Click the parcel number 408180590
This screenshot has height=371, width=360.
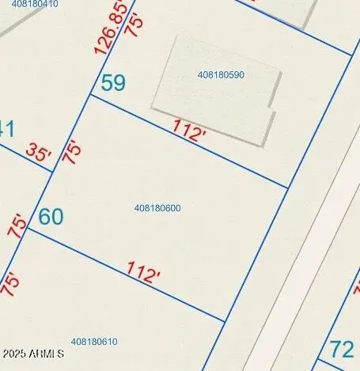point(221,74)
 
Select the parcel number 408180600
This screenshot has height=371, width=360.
point(157,208)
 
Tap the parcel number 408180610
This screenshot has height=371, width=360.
point(94,342)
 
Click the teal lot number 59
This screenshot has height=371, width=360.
point(113,82)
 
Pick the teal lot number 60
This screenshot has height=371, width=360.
point(51,216)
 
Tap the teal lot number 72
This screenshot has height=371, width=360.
point(342,349)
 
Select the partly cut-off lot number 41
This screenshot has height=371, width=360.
point(7,128)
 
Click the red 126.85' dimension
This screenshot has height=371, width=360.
point(110,29)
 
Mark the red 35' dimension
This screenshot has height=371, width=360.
point(37,152)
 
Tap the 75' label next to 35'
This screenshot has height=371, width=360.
point(73,152)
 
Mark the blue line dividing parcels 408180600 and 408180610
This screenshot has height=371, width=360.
point(127,277)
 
